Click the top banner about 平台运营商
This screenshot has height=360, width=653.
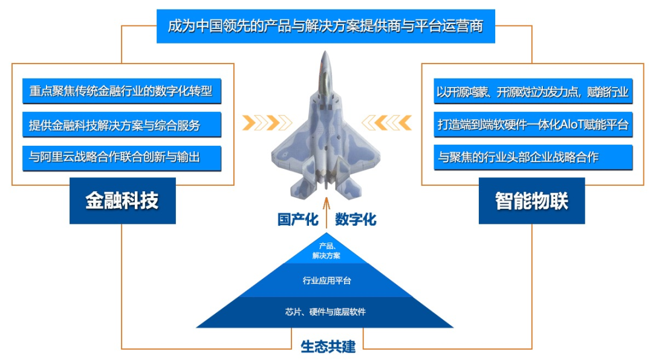click(x=326, y=26)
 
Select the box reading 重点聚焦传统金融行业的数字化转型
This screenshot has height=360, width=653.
click(x=122, y=91)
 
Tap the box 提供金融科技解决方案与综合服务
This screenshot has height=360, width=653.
click(x=122, y=125)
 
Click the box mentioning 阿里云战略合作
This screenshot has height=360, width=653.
click(x=122, y=158)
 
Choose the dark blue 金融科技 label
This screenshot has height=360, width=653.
click(x=122, y=201)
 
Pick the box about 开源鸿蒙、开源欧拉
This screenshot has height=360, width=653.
click(x=533, y=91)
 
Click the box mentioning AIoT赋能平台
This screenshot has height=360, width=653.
click(x=533, y=124)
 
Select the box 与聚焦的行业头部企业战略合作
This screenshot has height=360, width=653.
click(x=533, y=157)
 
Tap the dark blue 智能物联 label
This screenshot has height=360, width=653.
click(x=532, y=201)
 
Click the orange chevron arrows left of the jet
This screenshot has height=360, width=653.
click(x=267, y=123)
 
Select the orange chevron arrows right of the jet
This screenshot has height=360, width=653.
click(x=386, y=123)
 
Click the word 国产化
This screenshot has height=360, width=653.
click(x=297, y=219)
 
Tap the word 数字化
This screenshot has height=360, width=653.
click(x=356, y=219)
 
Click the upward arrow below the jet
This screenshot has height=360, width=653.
click(x=326, y=212)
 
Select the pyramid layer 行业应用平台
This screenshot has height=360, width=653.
click(x=326, y=280)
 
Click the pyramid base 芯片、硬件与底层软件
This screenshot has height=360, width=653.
click(x=325, y=312)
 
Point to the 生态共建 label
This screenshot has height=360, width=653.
click(x=328, y=347)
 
